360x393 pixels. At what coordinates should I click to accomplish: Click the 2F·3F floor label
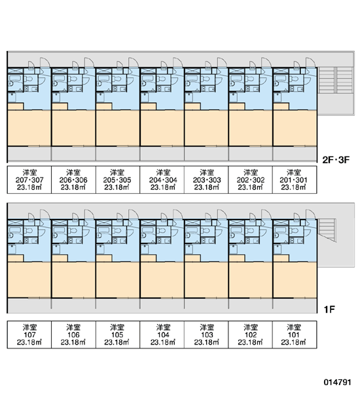pos(335,160)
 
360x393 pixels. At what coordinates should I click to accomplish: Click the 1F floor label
pos(329,310)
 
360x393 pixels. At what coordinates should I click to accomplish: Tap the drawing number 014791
pos(337,383)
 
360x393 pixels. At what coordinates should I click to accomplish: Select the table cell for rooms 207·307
pos(29,179)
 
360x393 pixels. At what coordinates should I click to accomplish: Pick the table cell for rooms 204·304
pos(162,179)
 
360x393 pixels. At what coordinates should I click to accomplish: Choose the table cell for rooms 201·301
pos(295,179)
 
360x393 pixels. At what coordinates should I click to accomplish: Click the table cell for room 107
pos(29,335)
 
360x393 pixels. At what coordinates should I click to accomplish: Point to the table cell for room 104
pos(162,335)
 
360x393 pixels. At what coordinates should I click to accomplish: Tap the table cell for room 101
pos(295,335)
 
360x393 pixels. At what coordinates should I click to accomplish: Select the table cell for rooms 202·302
pos(250,179)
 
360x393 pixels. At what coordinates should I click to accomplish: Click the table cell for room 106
pos(73,335)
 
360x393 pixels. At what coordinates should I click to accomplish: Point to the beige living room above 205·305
pos(118,128)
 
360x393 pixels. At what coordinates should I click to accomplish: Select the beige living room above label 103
pos(206,280)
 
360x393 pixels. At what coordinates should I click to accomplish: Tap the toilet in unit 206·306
pos(73,79)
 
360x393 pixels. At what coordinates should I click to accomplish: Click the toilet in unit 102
pos(250,231)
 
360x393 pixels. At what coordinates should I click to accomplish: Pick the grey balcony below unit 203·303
pos(206,153)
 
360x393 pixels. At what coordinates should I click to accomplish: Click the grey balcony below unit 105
pos(118,305)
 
